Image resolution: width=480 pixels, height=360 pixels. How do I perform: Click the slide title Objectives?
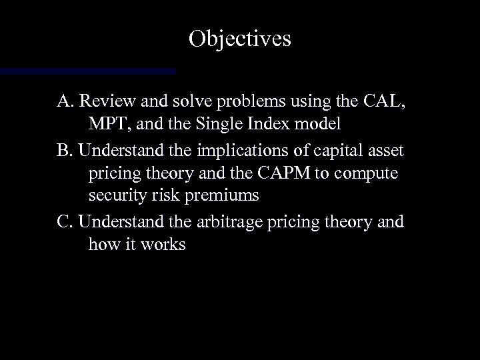(239, 39)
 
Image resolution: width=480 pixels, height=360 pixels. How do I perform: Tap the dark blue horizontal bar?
(87, 69)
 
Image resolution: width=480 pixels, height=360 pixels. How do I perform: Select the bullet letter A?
(65, 103)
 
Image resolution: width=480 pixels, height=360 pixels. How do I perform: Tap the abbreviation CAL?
(383, 103)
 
